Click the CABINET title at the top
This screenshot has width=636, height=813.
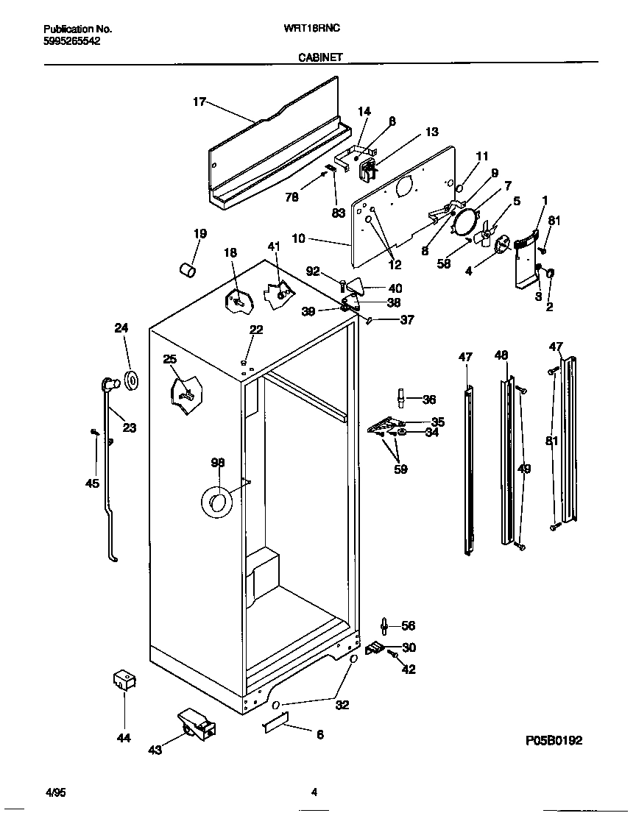[x=319, y=57]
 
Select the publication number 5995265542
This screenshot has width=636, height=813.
[x=72, y=42]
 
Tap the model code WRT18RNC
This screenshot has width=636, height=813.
[x=311, y=29]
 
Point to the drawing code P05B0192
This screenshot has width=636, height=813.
[x=554, y=740]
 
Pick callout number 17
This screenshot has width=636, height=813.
[x=199, y=102]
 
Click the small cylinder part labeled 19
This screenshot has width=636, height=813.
[x=187, y=271]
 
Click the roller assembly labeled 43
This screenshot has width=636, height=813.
[x=196, y=724]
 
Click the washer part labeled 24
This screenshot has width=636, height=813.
[x=132, y=380]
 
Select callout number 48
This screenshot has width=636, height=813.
[x=501, y=355]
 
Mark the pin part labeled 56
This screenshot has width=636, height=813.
[x=385, y=625]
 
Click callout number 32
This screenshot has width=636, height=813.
[x=342, y=705]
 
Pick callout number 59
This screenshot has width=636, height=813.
[x=400, y=469]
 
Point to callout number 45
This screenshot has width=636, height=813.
[x=92, y=483]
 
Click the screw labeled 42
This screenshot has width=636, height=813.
[x=395, y=654]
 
